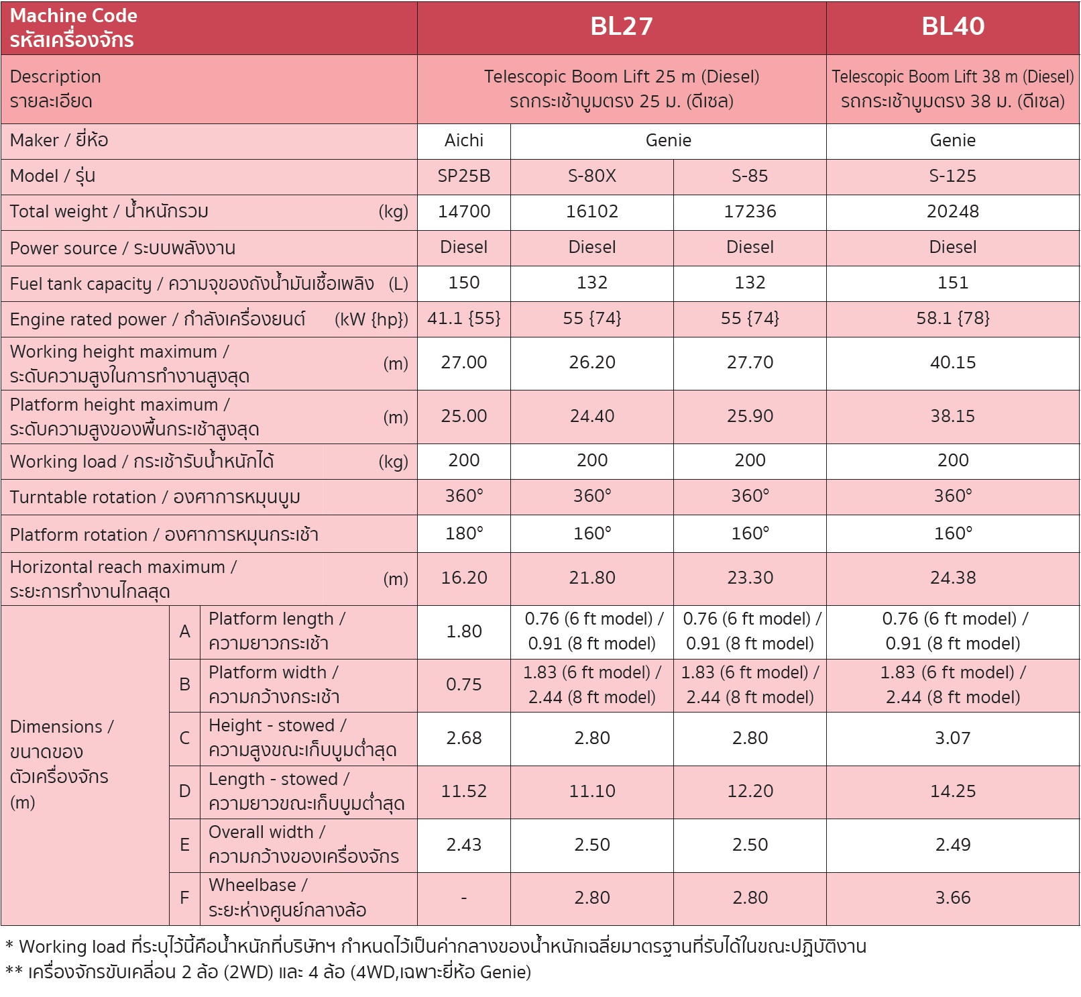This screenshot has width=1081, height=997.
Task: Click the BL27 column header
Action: pos(621,27)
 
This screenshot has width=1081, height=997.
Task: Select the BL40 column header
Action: pos(952,27)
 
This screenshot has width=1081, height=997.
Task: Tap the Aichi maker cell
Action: pos(463,140)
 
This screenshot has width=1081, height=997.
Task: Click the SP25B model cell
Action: pos(463,176)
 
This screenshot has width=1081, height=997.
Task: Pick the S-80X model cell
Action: pos(591,176)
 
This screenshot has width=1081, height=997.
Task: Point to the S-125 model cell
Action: pos(952,176)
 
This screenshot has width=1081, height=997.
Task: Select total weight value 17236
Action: pos(750,211)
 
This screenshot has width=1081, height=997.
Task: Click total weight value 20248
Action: pos(952,211)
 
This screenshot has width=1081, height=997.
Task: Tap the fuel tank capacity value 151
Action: pos(952,282)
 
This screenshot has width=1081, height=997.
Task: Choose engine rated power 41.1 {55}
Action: pos(463,318)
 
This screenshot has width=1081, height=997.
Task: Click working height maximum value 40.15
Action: pos(952,362)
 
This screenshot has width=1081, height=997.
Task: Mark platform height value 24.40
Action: pos(591,416)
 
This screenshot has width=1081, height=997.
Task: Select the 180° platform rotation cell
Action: pos(463,533)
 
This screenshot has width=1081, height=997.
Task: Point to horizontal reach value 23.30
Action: pos(750,578)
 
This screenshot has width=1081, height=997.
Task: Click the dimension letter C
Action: pos(184,738)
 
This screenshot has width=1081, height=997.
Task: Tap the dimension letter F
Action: pos(184,898)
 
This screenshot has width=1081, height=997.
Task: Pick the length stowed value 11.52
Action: pos(463,791)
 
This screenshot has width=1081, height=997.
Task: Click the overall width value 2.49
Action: pos(952,845)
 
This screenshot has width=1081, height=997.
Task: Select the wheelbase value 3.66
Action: pos(952,898)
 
